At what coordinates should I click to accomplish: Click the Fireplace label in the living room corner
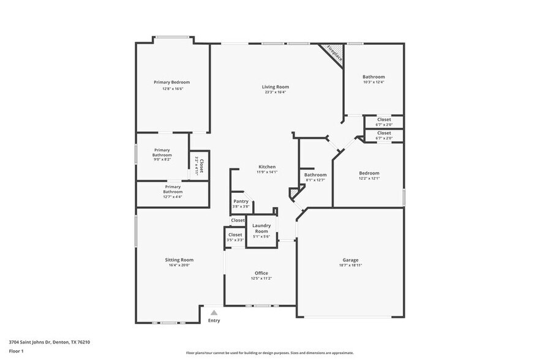334,53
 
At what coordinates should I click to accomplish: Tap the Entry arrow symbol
214,312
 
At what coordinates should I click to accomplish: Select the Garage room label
350,260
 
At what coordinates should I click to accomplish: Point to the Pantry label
241,201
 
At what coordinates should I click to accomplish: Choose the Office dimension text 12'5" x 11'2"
261,279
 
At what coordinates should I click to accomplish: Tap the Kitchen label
266,167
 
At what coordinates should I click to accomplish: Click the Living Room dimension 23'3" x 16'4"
276,92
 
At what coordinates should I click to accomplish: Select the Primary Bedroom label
171,82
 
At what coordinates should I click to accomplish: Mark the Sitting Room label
179,260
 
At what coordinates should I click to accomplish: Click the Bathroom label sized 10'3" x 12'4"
373,77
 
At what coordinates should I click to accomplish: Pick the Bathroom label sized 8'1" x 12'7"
315,174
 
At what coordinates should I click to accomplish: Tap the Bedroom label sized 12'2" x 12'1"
369,173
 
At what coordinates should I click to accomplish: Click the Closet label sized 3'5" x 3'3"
235,234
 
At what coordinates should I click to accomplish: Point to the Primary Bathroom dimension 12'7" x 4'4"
173,197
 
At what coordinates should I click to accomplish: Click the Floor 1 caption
16,351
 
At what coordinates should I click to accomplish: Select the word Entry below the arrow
214,321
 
